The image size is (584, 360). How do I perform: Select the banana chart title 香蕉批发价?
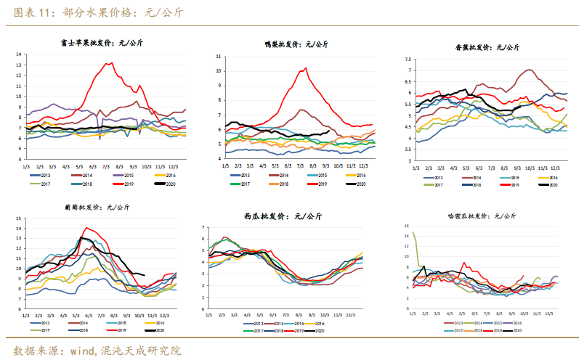point(486,47)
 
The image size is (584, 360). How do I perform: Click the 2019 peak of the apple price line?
point(109,63)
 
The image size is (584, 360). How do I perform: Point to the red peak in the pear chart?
point(305,68)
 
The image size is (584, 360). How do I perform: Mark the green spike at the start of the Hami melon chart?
point(414,234)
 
